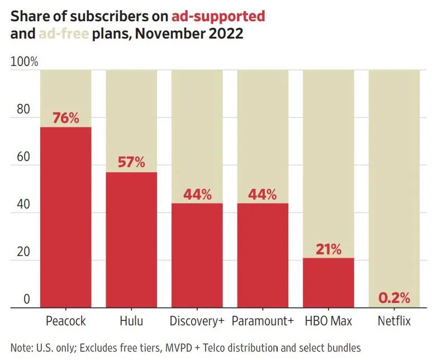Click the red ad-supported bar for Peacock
coord(66,218)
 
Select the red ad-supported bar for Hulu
coord(131,240)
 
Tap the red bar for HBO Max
coord(328,282)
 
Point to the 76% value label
coord(66,119)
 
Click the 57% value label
coord(131,163)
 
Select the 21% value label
coord(328,249)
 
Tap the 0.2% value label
coord(394,297)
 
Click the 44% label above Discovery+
coord(197,195)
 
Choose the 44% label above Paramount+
coord(263,195)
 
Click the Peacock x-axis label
coord(66,321)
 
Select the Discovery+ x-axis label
coord(197,321)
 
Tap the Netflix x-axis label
coord(394,321)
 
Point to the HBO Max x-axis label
coord(328,321)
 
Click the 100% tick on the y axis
coord(24,62)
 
